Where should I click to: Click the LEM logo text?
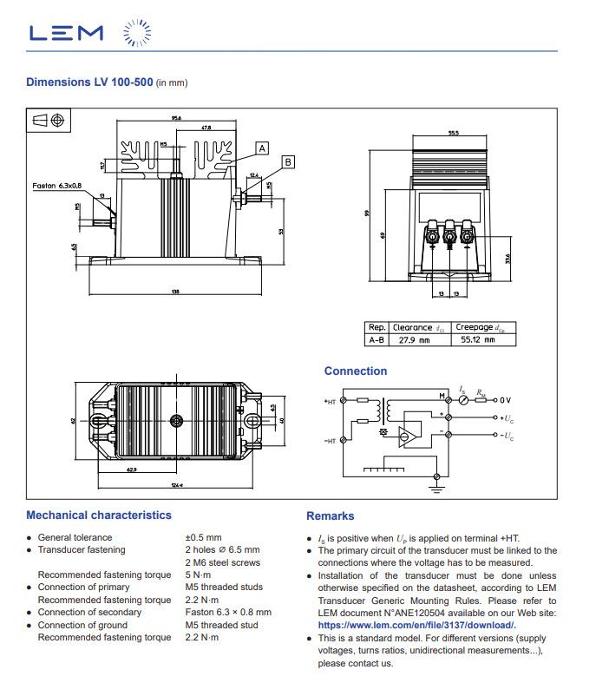point(66,34)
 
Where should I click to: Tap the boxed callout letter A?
point(262,148)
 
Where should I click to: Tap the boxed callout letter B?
point(288,161)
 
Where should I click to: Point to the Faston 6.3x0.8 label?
point(57,185)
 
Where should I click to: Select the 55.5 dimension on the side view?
point(453,134)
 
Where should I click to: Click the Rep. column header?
point(377,328)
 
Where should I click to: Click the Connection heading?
point(356,371)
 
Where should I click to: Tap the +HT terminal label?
point(330,402)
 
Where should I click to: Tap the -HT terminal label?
point(330,441)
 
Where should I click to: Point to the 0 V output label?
point(505,400)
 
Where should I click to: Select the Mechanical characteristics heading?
point(99,516)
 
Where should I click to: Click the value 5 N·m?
point(199,575)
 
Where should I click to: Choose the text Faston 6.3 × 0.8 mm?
point(227,613)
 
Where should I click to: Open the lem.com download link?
point(416,626)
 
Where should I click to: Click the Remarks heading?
point(330,516)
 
